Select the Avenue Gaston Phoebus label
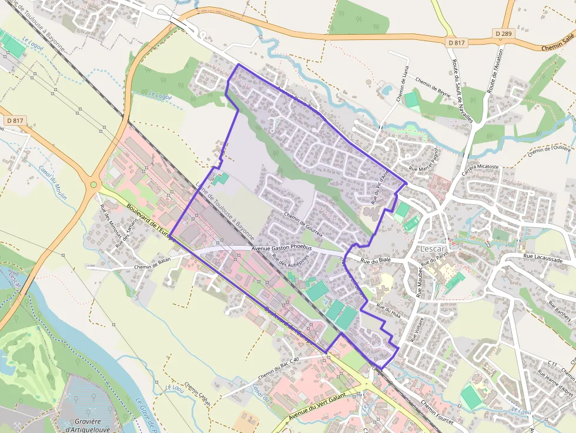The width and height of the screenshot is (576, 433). coord(281,249)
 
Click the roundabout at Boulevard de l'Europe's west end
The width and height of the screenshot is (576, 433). coord(93,185)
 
